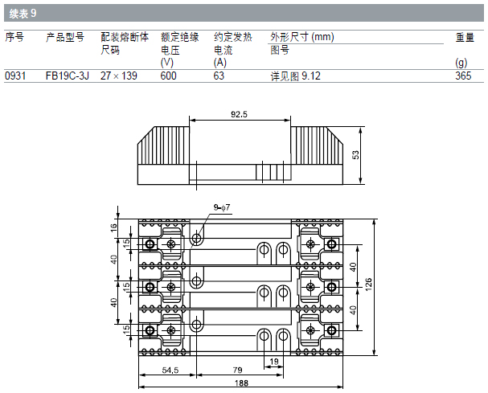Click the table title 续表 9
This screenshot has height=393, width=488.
23,14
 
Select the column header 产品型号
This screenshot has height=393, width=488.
65,37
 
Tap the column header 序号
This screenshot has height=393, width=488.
14,37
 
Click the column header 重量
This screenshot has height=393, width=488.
465,37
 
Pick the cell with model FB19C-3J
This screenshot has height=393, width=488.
68,76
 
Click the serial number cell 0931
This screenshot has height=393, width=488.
15,76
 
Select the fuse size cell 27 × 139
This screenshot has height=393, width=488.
118,76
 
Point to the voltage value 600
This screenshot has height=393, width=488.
168,76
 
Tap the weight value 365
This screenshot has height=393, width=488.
463,76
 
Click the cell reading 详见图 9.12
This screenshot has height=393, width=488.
295,76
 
